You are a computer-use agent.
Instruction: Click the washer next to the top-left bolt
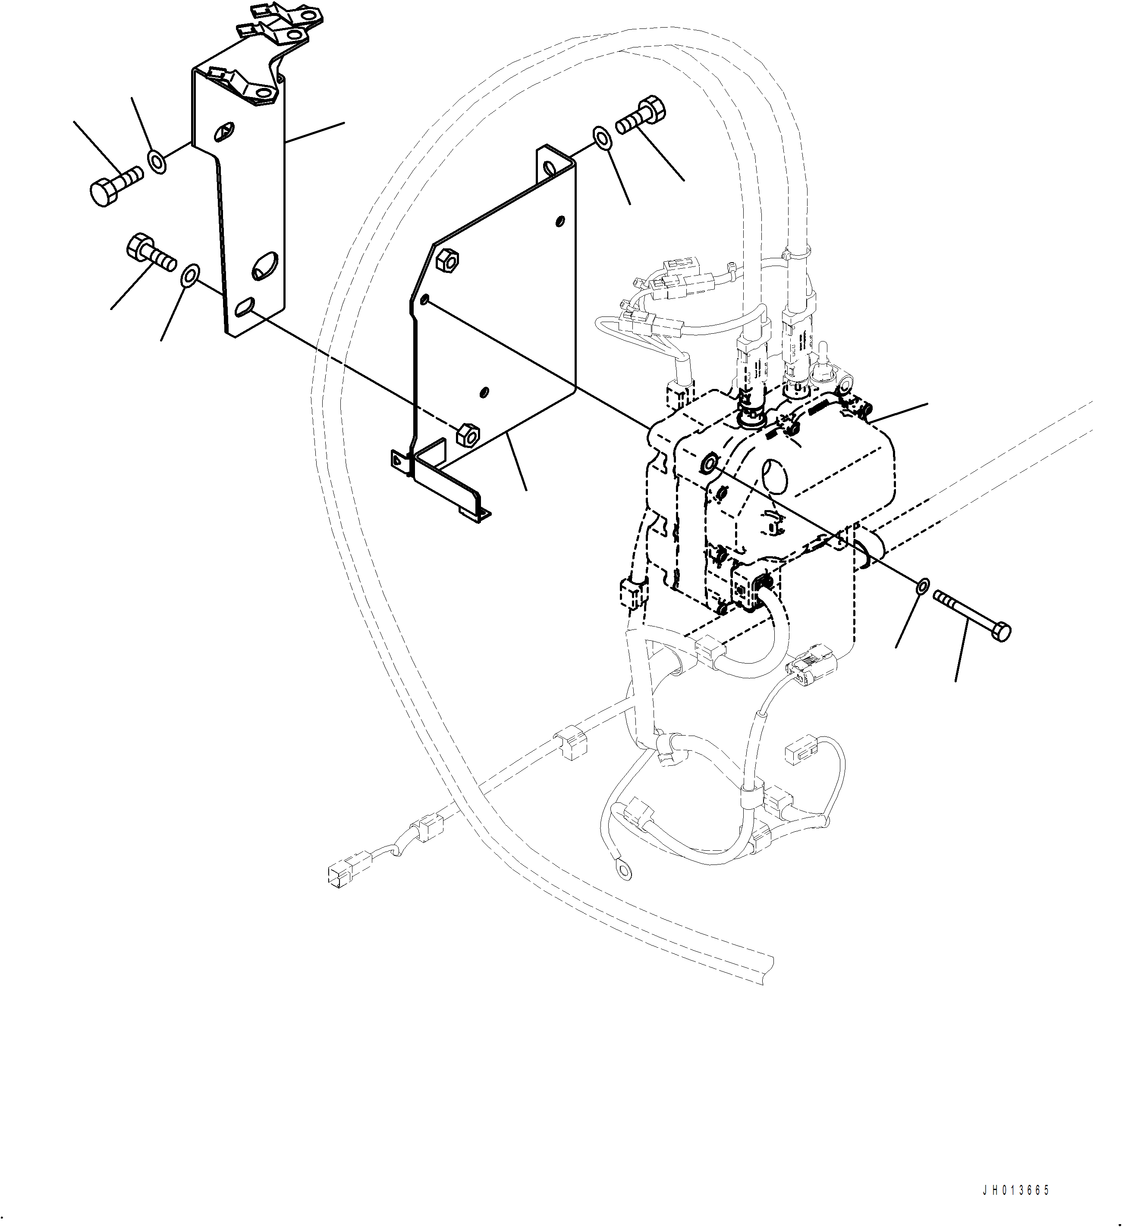[157, 163]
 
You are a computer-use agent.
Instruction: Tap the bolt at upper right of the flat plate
[641, 116]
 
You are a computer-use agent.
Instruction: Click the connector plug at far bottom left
[339, 876]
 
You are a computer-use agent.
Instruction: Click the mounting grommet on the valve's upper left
[710, 464]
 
